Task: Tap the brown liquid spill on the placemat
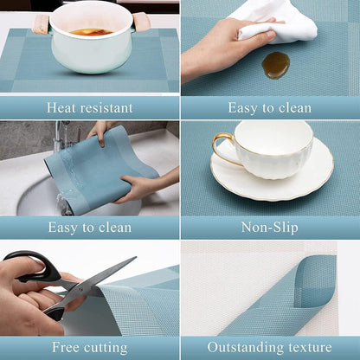coord(275,64)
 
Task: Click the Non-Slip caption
coord(269,228)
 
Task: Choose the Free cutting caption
coord(90,348)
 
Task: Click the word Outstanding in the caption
coord(246,348)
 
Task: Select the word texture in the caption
coord(309,348)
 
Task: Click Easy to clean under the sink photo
coord(90,228)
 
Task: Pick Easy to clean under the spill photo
coord(269,108)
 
